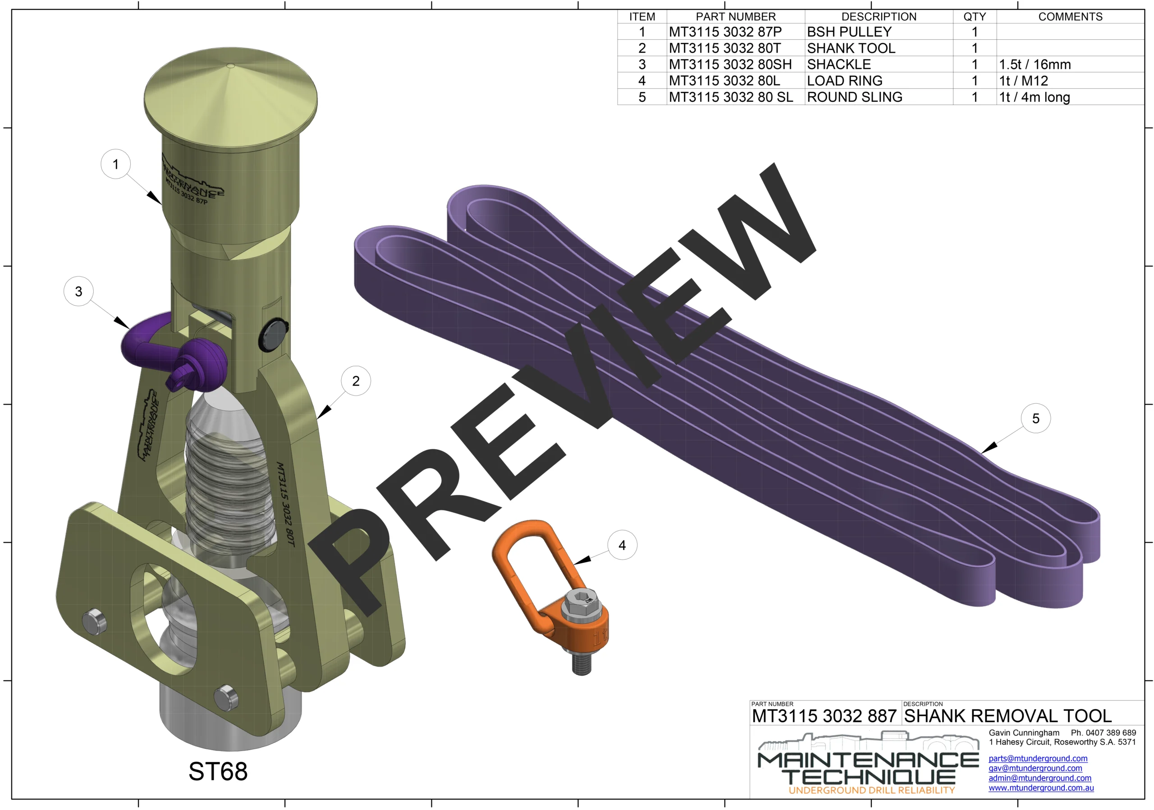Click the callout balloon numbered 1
click(115, 164)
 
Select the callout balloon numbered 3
click(78, 291)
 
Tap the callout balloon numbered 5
click(1035, 419)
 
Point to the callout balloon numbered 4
click(622, 545)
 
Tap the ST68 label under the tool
click(218, 771)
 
